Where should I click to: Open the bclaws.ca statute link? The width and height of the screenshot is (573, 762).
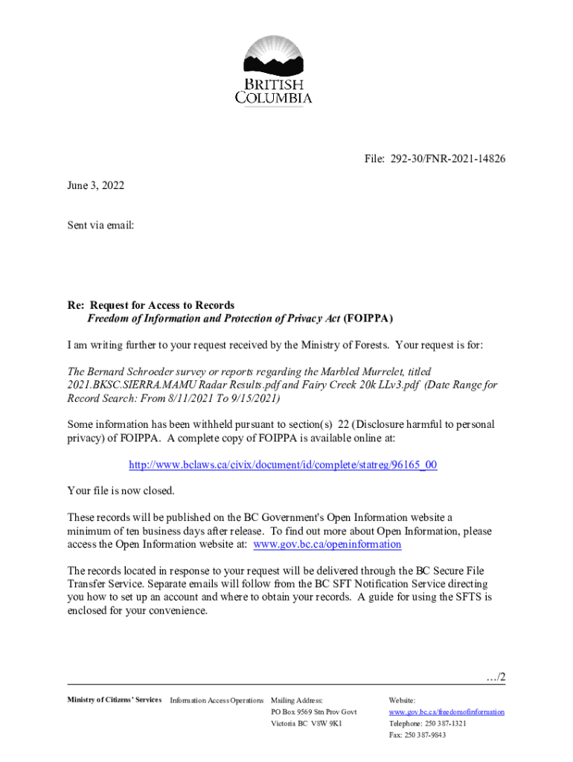pyautogui.click(x=283, y=465)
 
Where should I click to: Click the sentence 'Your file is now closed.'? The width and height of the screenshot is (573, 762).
pyautogui.click(x=121, y=490)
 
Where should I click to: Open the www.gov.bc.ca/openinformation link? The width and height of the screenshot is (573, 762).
pyautogui.click(x=327, y=545)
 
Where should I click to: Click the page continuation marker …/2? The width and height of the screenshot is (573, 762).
pyautogui.click(x=494, y=676)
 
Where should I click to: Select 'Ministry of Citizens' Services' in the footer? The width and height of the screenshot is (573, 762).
pyautogui.click(x=115, y=700)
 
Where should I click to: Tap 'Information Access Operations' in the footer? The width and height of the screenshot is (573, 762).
pyautogui.click(x=217, y=700)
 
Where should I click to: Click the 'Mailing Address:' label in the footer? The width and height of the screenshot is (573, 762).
pyautogui.click(x=297, y=700)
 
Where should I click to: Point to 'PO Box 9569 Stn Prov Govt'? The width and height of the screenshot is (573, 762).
pyautogui.click(x=314, y=712)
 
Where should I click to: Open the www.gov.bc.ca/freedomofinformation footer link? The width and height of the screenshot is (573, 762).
pyautogui.click(x=446, y=712)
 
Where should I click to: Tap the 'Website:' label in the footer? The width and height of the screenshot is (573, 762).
pyautogui.click(x=403, y=700)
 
